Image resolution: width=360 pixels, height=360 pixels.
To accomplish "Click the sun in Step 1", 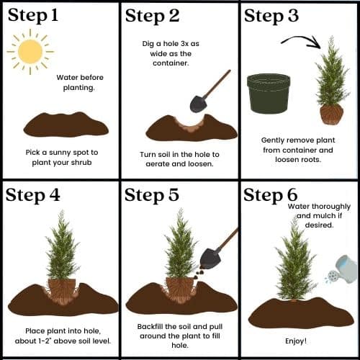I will click(x=30, y=51).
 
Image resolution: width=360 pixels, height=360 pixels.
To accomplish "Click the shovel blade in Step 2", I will click(x=198, y=103).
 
